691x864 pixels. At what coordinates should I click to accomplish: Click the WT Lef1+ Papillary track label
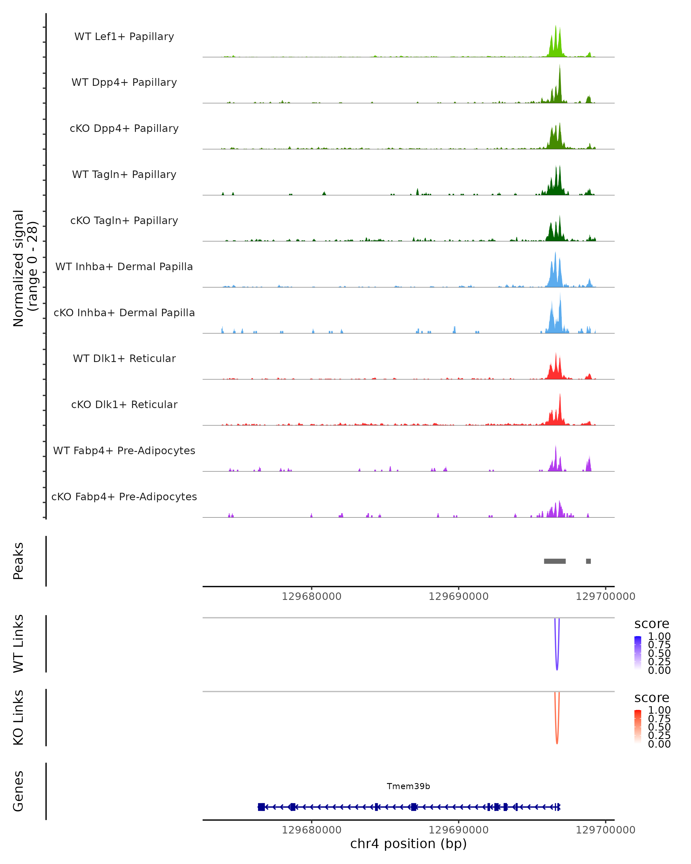tap(124, 37)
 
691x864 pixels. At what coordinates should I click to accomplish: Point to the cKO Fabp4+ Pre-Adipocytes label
tap(124, 497)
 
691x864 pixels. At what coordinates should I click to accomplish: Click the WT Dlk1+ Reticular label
tap(124, 358)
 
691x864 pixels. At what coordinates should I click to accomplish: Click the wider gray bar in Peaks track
tap(555, 561)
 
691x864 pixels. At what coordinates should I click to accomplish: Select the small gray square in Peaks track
tap(588, 561)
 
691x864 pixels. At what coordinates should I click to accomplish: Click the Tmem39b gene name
tap(408, 786)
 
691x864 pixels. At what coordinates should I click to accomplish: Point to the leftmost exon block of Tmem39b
tap(261, 807)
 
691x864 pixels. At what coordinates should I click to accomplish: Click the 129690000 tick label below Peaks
tap(458, 596)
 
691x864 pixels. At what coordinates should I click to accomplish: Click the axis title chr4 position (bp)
tap(408, 844)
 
